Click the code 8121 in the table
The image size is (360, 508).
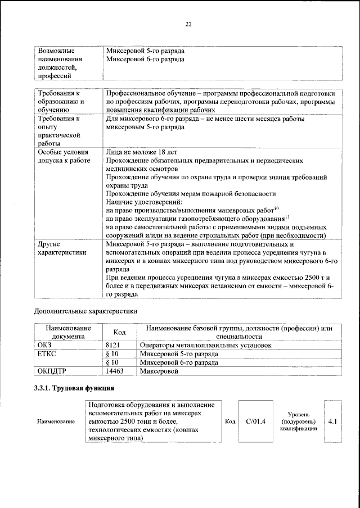(114, 344)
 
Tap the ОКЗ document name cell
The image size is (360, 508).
(44, 344)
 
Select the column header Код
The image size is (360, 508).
(119, 332)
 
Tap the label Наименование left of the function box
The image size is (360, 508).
(56, 421)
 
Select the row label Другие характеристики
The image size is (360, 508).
(62, 248)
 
